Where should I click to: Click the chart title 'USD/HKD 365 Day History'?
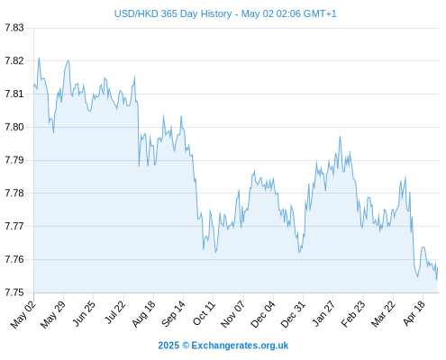coord(173,14)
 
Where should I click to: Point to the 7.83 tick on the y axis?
coord(14,28)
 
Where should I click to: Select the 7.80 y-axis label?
coord(14,127)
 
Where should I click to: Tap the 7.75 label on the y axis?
coord(14,292)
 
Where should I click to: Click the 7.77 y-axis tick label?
coord(14,226)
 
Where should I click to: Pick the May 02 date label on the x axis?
coord(23,314)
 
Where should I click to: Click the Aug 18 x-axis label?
coord(143,313)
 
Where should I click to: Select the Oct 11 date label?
coord(204,313)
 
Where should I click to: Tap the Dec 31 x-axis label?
coord(293,314)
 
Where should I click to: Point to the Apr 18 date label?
coord(414,313)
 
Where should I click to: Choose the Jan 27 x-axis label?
coord(323,313)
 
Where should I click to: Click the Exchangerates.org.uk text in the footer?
coord(240,346)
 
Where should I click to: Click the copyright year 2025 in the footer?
coord(168,346)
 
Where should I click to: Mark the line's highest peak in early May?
coord(39,58)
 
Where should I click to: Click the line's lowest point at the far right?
coord(437,280)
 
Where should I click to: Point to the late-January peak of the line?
coord(340,137)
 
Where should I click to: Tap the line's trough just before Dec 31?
coord(299,252)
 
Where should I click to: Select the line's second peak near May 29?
coord(68,60)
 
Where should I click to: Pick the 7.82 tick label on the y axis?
coord(14,61)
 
